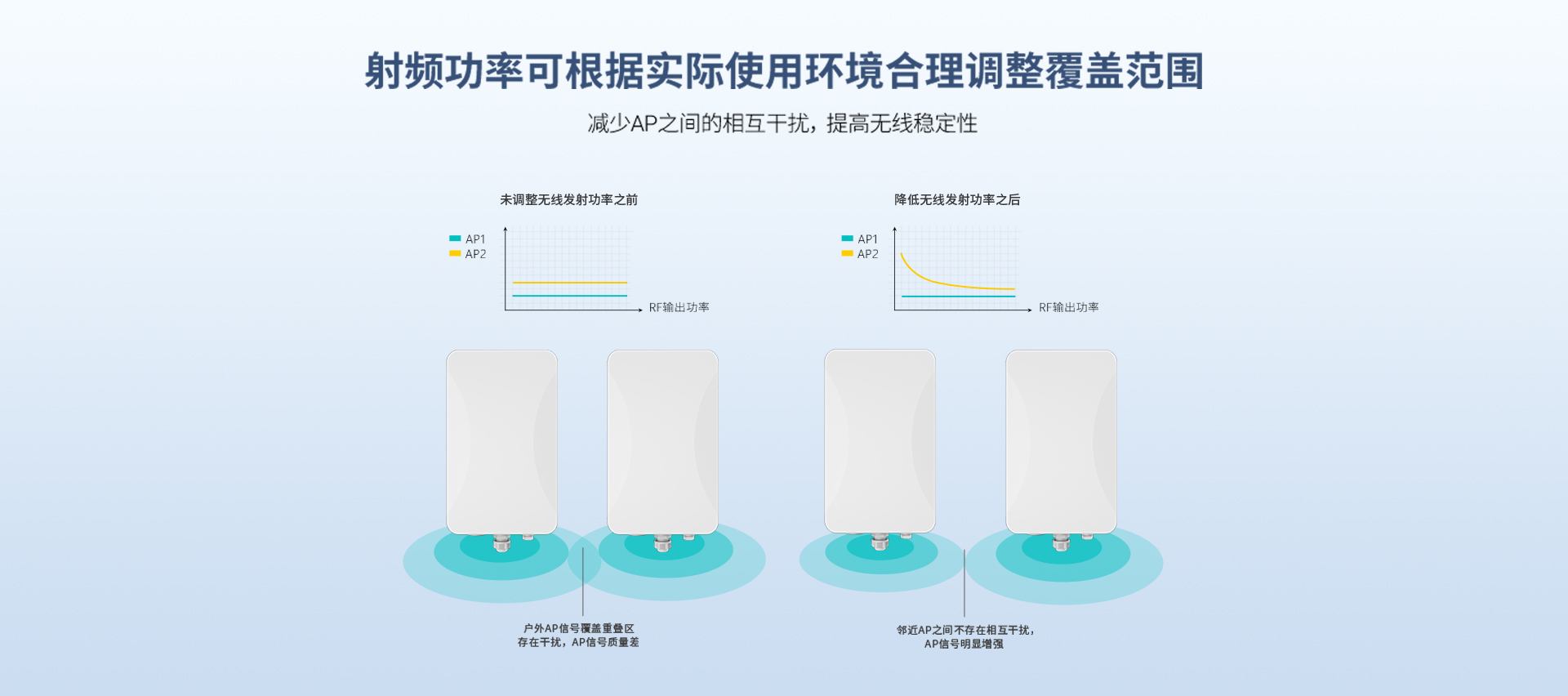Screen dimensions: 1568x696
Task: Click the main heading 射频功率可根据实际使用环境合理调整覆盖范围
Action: (x=784, y=71)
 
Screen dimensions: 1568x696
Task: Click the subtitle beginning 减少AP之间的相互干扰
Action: (x=782, y=123)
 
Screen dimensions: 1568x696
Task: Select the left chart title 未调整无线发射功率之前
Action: (x=568, y=199)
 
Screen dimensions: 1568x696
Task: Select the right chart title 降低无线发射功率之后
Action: (x=957, y=199)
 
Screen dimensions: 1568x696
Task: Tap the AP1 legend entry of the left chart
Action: (x=467, y=239)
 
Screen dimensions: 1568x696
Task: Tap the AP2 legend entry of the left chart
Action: (x=467, y=254)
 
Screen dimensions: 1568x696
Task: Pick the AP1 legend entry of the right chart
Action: (x=860, y=239)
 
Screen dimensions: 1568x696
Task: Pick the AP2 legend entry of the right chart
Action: (x=860, y=254)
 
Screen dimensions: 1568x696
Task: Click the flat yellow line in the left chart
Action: (x=570, y=283)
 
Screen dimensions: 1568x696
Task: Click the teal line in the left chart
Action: (x=570, y=296)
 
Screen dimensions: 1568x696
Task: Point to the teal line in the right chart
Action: (x=959, y=296)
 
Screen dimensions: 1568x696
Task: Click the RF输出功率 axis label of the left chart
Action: (x=679, y=307)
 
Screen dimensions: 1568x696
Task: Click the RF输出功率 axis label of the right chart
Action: (x=1069, y=307)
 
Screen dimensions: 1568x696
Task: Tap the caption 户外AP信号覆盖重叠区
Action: (x=579, y=628)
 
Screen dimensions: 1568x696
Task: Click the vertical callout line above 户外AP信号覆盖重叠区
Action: (x=583, y=582)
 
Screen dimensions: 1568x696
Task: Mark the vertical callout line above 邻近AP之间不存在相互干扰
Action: (x=964, y=583)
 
